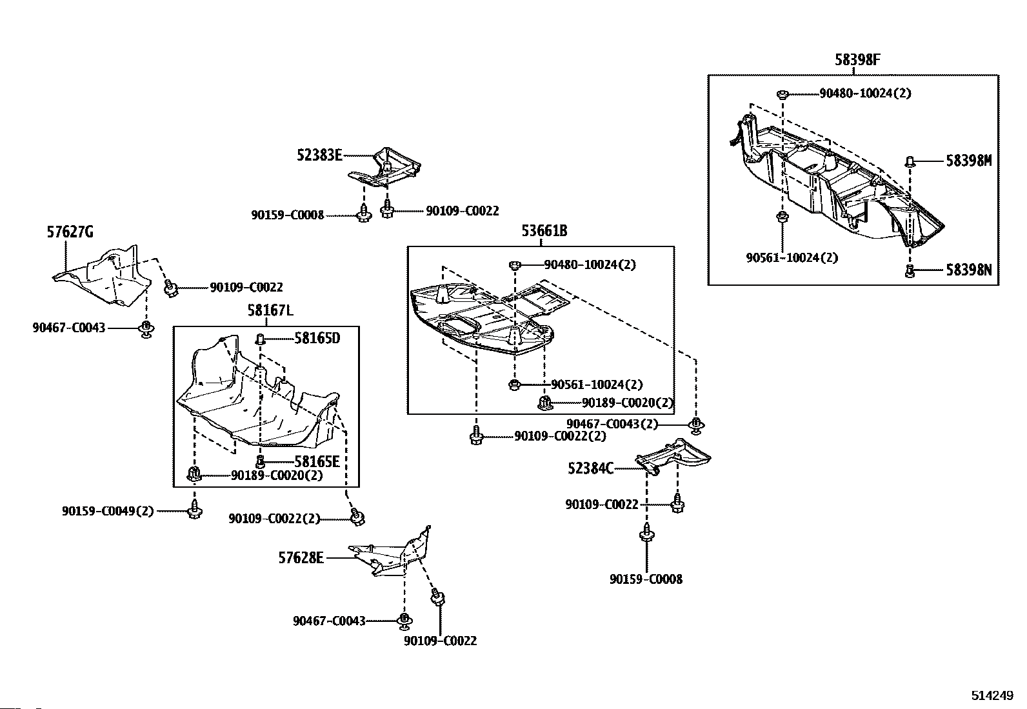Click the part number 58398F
point(857,61)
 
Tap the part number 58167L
point(270,311)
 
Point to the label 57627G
point(70,232)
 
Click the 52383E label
point(319,155)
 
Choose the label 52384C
point(590,468)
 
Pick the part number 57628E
point(301,558)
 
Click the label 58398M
point(968,161)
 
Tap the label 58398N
point(968,270)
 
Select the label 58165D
point(317,338)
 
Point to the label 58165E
point(317,461)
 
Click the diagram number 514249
point(992,696)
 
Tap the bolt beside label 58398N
point(910,271)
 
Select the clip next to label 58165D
point(261,339)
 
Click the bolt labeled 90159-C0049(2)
point(195,510)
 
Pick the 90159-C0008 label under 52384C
point(646,579)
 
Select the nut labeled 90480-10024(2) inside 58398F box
point(782,94)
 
